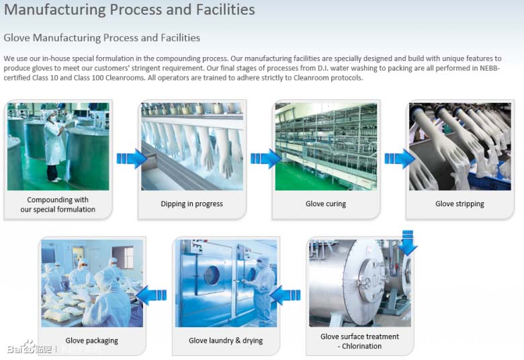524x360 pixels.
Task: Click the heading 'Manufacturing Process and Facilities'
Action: [130, 9]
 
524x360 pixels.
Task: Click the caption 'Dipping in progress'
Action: [192, 204]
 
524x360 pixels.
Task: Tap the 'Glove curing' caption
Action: [326, 204]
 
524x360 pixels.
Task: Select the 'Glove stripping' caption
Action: [460, 204]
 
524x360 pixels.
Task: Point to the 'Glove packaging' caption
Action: [92, 341]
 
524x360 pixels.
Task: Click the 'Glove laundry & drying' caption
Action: [226, 341]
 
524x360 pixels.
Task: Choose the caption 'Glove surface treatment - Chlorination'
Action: [359, 341]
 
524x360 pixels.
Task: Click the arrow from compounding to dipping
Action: [132, 159]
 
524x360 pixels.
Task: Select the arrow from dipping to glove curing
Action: [265, 159]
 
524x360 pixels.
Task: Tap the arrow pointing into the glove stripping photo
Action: [400, 159]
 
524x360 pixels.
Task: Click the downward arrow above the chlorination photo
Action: [408, 242]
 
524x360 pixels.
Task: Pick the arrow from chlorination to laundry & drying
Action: [285, 295]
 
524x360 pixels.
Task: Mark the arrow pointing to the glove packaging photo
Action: [151, 295]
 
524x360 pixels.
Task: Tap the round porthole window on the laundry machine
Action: [212, 276]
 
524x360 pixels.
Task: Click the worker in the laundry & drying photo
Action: [261, 291]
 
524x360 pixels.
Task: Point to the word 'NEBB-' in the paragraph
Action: [490, 69]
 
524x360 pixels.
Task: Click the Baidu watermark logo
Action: [30, 348]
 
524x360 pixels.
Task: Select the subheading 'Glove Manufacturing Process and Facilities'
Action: [102, 38]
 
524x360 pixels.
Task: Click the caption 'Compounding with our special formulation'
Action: [58, 205]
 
